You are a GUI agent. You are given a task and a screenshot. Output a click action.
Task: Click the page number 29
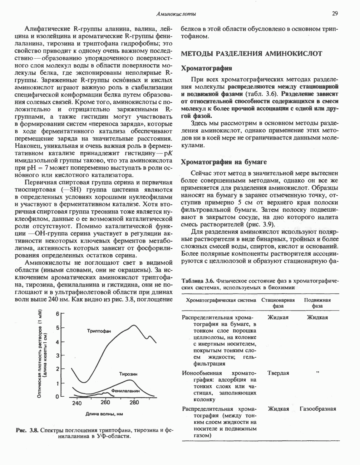click(335, 14)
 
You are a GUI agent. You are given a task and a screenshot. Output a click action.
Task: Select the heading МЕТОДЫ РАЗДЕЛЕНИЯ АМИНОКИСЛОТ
click(252, 54)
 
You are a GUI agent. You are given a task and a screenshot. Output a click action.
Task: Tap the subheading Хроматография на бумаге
click(224, 162)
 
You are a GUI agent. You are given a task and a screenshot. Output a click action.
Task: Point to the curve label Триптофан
click(99, 331)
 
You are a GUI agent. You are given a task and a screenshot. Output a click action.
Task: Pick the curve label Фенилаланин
click(127, 391)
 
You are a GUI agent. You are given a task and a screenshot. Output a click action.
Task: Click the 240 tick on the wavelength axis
click(77, 403)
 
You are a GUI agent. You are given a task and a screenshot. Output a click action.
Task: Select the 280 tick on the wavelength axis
click(134, 403)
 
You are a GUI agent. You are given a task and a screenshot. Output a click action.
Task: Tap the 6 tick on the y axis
click(57, 314)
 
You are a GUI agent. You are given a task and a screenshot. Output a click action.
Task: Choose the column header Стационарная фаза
click(278, 303)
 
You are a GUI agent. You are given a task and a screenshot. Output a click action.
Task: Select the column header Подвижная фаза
click(317, 303)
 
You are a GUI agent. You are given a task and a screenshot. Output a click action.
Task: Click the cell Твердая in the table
click(278, 373)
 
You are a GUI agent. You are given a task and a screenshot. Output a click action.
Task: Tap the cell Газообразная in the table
click(318, 409)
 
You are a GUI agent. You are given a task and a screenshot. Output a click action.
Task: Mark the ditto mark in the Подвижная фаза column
click(317, 373)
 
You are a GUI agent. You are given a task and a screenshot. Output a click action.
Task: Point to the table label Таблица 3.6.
click(199, 280)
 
